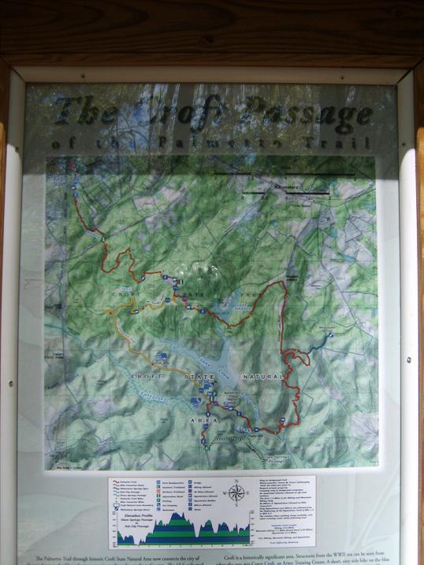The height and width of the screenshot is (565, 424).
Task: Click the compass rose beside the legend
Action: coord(236,493)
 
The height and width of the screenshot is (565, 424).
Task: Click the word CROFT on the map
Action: coord(125,377)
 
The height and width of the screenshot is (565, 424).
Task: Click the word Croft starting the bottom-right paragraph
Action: coord(233,557)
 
